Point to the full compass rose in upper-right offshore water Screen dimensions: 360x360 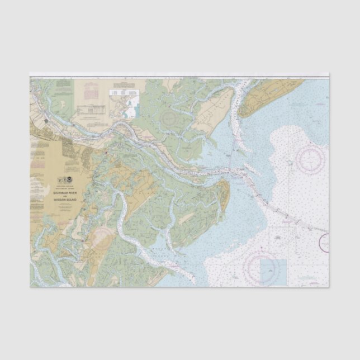[311, 158]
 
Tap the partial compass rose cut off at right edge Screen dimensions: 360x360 [324, 242]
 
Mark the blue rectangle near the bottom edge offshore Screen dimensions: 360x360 [273, 272]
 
